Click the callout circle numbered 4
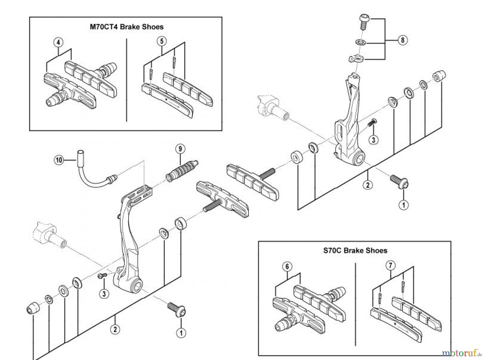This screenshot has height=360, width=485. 58,42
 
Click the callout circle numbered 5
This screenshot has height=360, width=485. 162,41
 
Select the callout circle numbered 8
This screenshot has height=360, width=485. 403,40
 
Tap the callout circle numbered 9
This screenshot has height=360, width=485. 180,149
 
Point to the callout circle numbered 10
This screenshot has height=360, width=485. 59,160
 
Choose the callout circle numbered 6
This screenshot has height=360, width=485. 287,267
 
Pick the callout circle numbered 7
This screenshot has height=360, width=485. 390,265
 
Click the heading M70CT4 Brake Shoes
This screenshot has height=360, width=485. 126,27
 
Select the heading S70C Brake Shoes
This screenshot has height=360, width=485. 355,250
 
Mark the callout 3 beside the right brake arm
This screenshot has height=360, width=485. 373,139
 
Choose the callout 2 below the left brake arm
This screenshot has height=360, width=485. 115,329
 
